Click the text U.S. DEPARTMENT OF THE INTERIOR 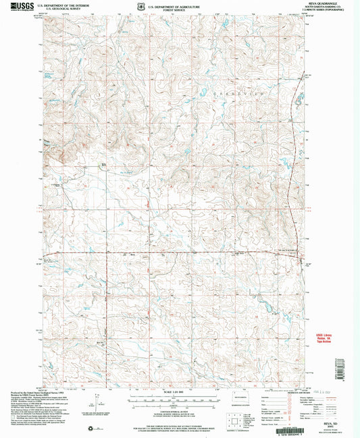pos(67,5)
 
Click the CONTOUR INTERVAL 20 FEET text pos(178,410)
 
